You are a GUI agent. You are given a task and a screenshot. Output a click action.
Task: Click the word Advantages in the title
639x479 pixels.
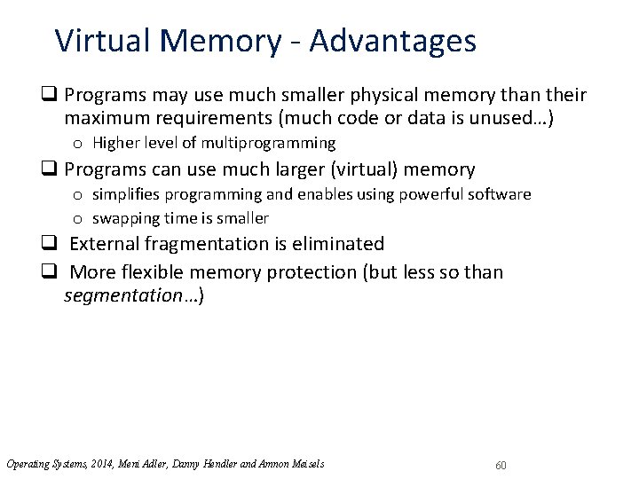[x=392, y=41]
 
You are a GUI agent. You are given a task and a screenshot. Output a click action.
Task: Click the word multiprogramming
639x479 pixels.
[x=268, y=143]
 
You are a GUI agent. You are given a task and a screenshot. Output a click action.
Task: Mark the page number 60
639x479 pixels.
[x=501, y=466]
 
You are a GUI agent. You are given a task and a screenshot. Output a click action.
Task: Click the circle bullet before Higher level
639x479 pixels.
[x=79, y=144]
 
